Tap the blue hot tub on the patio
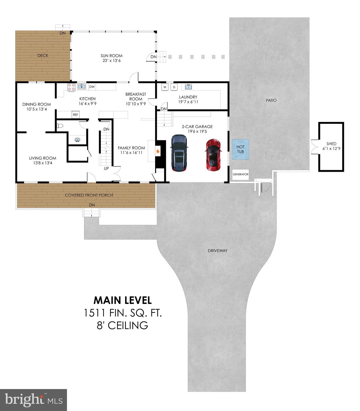click(x=240, y=149)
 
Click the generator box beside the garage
click(x=240, y=174)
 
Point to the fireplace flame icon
click(x=158, y=151)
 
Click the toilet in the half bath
click(x=60, y=125)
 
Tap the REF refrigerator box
click(x=76, y=115)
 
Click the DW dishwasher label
click(x=92, y=87)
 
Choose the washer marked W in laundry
click(x=165, y=87)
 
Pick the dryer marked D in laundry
click(x=174, y=87)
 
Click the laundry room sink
click(x=188, y=86)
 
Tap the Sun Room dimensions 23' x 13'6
click(x=111, y=61)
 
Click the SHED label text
click(x=331, y=144)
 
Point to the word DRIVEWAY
click(x=217, y=251)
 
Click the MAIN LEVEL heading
click(x=123, y=300)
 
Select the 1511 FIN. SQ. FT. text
click(x=123, y=313)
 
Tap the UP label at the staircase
click(x=106, y=169)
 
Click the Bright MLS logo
click(x=33, y=400)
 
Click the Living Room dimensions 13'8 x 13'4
click(x=43, y=163)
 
